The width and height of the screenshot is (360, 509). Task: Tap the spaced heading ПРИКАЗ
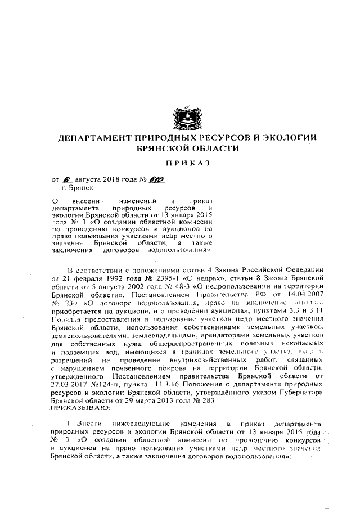181,163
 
